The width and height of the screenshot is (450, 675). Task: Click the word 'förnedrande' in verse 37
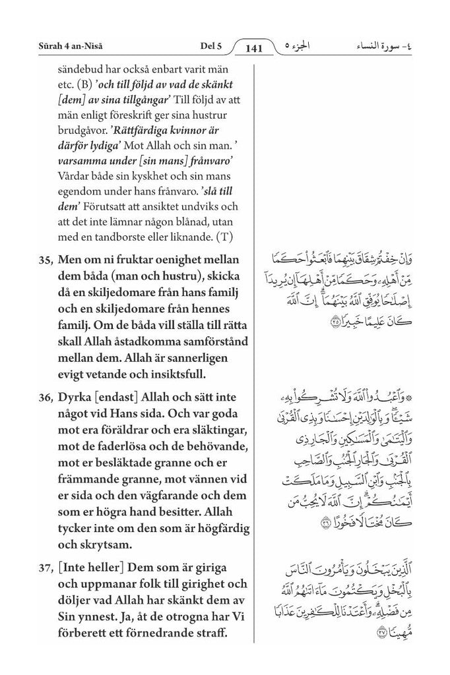(x=151, y=634)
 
